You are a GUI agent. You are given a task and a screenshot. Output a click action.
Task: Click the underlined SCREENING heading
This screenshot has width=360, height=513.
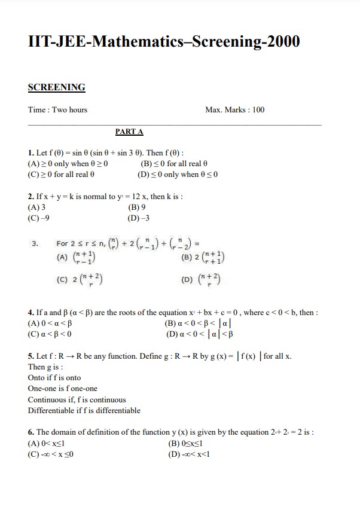pyautogui.click(x=57, y=87)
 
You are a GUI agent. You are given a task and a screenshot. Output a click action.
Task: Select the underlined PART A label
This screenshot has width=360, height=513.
pyautogui.click(x=129, y=132)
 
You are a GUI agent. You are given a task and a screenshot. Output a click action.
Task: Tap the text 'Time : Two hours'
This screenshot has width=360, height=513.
pyautogui.click(x=57, y=109)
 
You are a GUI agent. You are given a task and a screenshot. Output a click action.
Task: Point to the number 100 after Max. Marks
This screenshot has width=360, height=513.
pyautogui.click(x=258, y=109)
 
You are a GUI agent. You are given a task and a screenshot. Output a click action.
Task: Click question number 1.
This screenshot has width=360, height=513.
pyautogui.click(x=31, y=152)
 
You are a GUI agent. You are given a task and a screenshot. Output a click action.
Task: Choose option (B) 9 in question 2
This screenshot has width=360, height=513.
pyautogui.click(x=137, y=207)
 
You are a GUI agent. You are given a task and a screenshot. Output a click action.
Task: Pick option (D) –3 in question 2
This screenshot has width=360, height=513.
pyautogui.click(x=139, y=218)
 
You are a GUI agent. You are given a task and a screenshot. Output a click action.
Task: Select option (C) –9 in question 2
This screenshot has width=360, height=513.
pyautogui.click(x=38, y=218)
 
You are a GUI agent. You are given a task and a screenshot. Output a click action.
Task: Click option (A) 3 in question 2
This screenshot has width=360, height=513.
pyautogui.click(x=36, y=207)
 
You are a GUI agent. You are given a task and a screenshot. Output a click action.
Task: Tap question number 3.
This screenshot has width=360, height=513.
pyautogui.click(x=35, y=243)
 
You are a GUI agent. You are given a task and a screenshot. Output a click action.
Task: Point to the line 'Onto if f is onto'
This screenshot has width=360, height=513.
pyautogui.click(x=54, y=378)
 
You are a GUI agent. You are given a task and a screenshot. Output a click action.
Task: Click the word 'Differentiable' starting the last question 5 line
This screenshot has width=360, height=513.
pyautogui.click(x=50, y=410)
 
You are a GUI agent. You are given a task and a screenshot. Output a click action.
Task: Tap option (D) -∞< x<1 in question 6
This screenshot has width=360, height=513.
pyautogui.click(x=190, y=453)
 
